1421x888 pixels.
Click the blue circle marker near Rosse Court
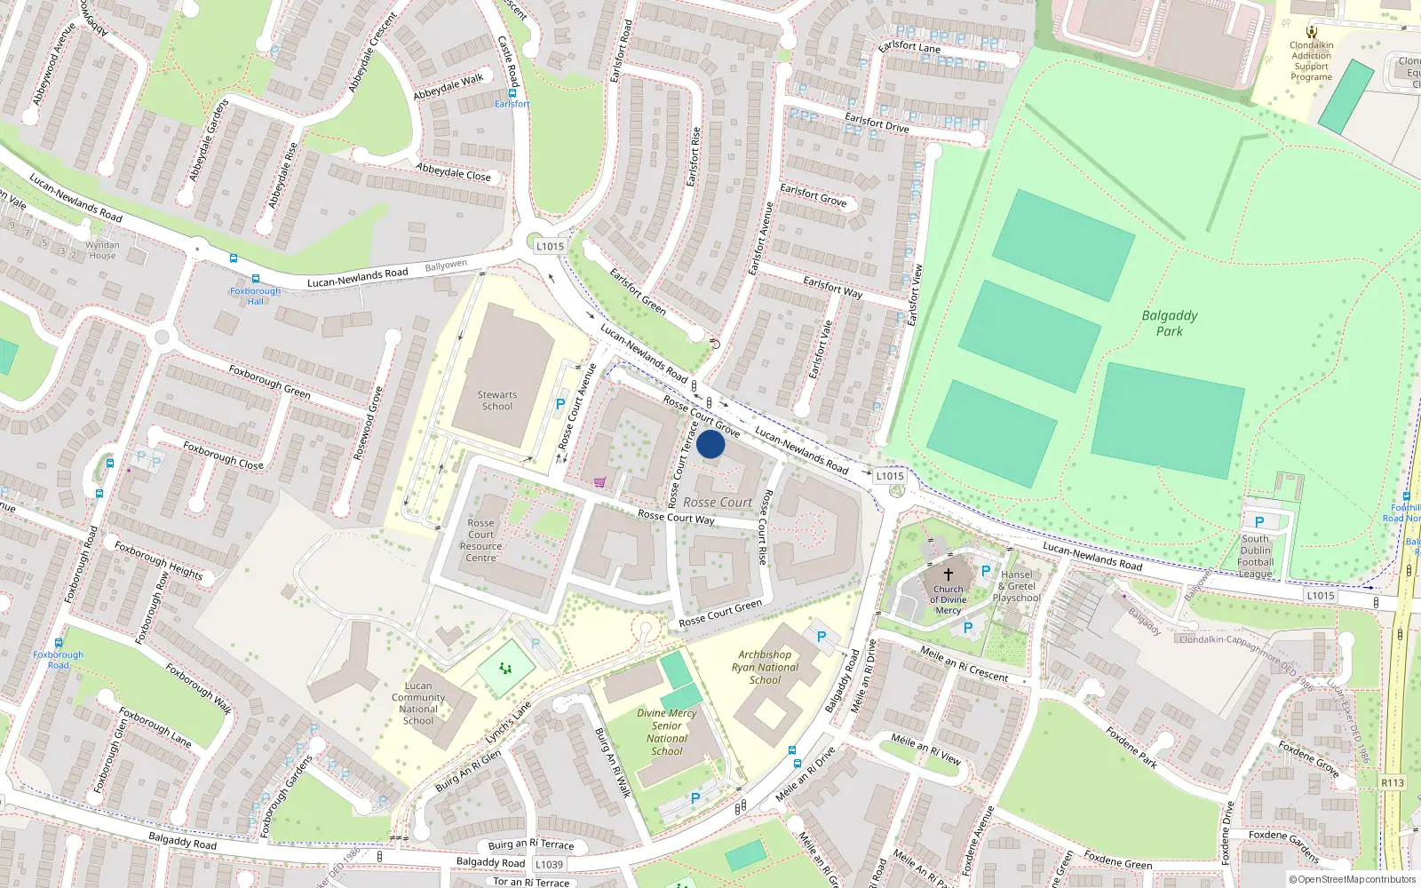coord(710,444)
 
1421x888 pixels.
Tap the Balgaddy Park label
coord(1169,323)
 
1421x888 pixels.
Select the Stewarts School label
coord(496,400)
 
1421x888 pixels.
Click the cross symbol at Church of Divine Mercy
coord(948,575)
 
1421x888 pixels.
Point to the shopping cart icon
coord(600,482)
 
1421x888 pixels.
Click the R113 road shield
coord(1392,782)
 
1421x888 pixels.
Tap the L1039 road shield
coord(549,864)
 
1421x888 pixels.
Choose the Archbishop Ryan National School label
coord(765,667)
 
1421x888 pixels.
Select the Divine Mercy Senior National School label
coord(667,732)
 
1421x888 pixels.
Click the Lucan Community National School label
coord(418,703)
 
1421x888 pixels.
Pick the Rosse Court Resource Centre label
coord(480,540)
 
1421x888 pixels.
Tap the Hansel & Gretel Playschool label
coord(1017,586)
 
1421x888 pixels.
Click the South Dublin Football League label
coord(1256,556)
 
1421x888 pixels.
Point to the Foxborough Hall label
coord(255,296)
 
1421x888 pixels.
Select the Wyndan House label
coord(102,250)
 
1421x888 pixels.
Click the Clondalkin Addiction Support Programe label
coord(1312,60)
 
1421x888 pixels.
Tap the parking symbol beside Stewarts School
coord(560,404)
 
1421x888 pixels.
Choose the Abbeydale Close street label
coord(453,171)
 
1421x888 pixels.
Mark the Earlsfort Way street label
coord(832,287)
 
